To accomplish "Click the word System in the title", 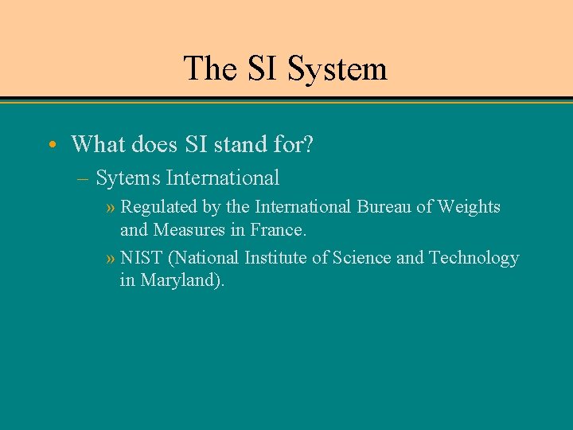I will [337, 68].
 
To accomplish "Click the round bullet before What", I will [52, 144].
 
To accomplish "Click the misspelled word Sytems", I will [128, 178].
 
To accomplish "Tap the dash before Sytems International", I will [84, 178].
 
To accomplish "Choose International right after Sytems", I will [223, 178].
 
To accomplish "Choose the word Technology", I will [474, 258].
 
